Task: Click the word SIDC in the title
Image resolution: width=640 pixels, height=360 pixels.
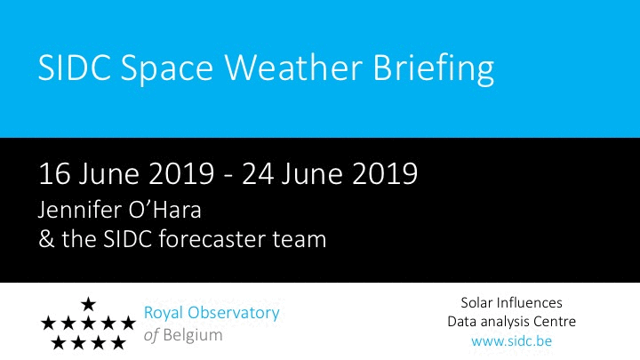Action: pos(75,68)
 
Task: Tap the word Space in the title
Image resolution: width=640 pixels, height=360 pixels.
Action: pos(167,70)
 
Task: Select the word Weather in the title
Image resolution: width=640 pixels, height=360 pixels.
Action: pos(293,68)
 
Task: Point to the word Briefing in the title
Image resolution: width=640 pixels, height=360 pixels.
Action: pos(434,69)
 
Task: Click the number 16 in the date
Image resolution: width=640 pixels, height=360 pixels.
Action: pos(55,174)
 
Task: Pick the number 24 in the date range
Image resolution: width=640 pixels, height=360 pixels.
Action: pos(258,174)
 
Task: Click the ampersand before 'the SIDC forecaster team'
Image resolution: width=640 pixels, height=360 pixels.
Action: pos(46,239)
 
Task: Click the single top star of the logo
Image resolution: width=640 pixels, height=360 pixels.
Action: pos(88,304)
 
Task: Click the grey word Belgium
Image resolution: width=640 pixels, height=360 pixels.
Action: pos(193,335)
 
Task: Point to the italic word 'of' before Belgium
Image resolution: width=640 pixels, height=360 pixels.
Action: pos(151,335)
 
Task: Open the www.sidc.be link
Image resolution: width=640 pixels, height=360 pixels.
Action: pos(511,340)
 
